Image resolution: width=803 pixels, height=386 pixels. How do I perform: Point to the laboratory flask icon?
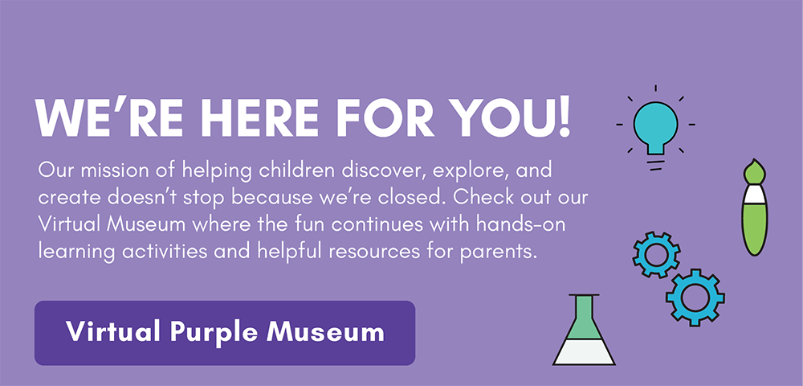point(584,330)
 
